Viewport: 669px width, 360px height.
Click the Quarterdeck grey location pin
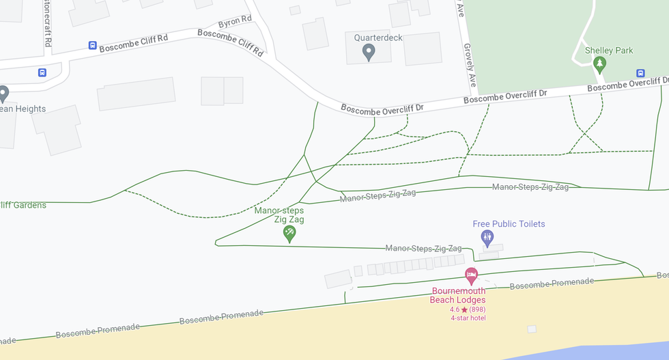coord(369,51)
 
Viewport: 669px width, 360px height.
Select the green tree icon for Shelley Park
coord(600,65)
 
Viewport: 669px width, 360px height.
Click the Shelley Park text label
coord(609,50)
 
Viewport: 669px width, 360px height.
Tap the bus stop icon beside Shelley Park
coord(640,73)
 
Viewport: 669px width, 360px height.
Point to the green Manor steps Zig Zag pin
coord(289,234)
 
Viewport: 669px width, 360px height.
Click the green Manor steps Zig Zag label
coord(279,215)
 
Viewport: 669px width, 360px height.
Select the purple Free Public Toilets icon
coord(487,238)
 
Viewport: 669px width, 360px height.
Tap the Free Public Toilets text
coord(509,224)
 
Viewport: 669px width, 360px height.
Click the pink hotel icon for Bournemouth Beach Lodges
coord(471,276)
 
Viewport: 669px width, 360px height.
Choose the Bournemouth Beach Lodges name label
coord(458,295)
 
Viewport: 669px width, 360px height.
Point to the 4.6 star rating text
coord(468,309)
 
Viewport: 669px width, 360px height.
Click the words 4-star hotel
coord(468,318)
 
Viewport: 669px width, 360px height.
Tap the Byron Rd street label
coord(236,23)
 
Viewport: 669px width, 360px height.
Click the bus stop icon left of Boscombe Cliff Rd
coord(92,46)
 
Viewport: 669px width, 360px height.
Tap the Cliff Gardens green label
coord(23,204)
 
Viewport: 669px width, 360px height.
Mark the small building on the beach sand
coord(532,329)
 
